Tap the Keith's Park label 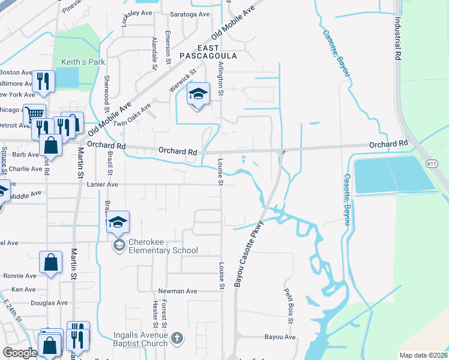pyautogui.click(x=83, y=62)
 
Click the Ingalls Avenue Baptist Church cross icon pyautogui.click(x=176, y=338)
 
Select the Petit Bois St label pyautogui.click(x=289, y=304)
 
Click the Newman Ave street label pyautogui.click(x=178, y=291)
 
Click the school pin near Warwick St pyautogui.click(x=198, y=94)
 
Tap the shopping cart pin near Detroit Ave pyautogui.click(x=34, y=113)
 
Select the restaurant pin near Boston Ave pyautogui.click(x=43, y=81)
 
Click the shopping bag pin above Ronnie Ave pyautogui.click(x=51, y=262)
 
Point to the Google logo pyautogui.click(x=20, y=353)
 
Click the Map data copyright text pyautogui.click(x=422, y=355)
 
